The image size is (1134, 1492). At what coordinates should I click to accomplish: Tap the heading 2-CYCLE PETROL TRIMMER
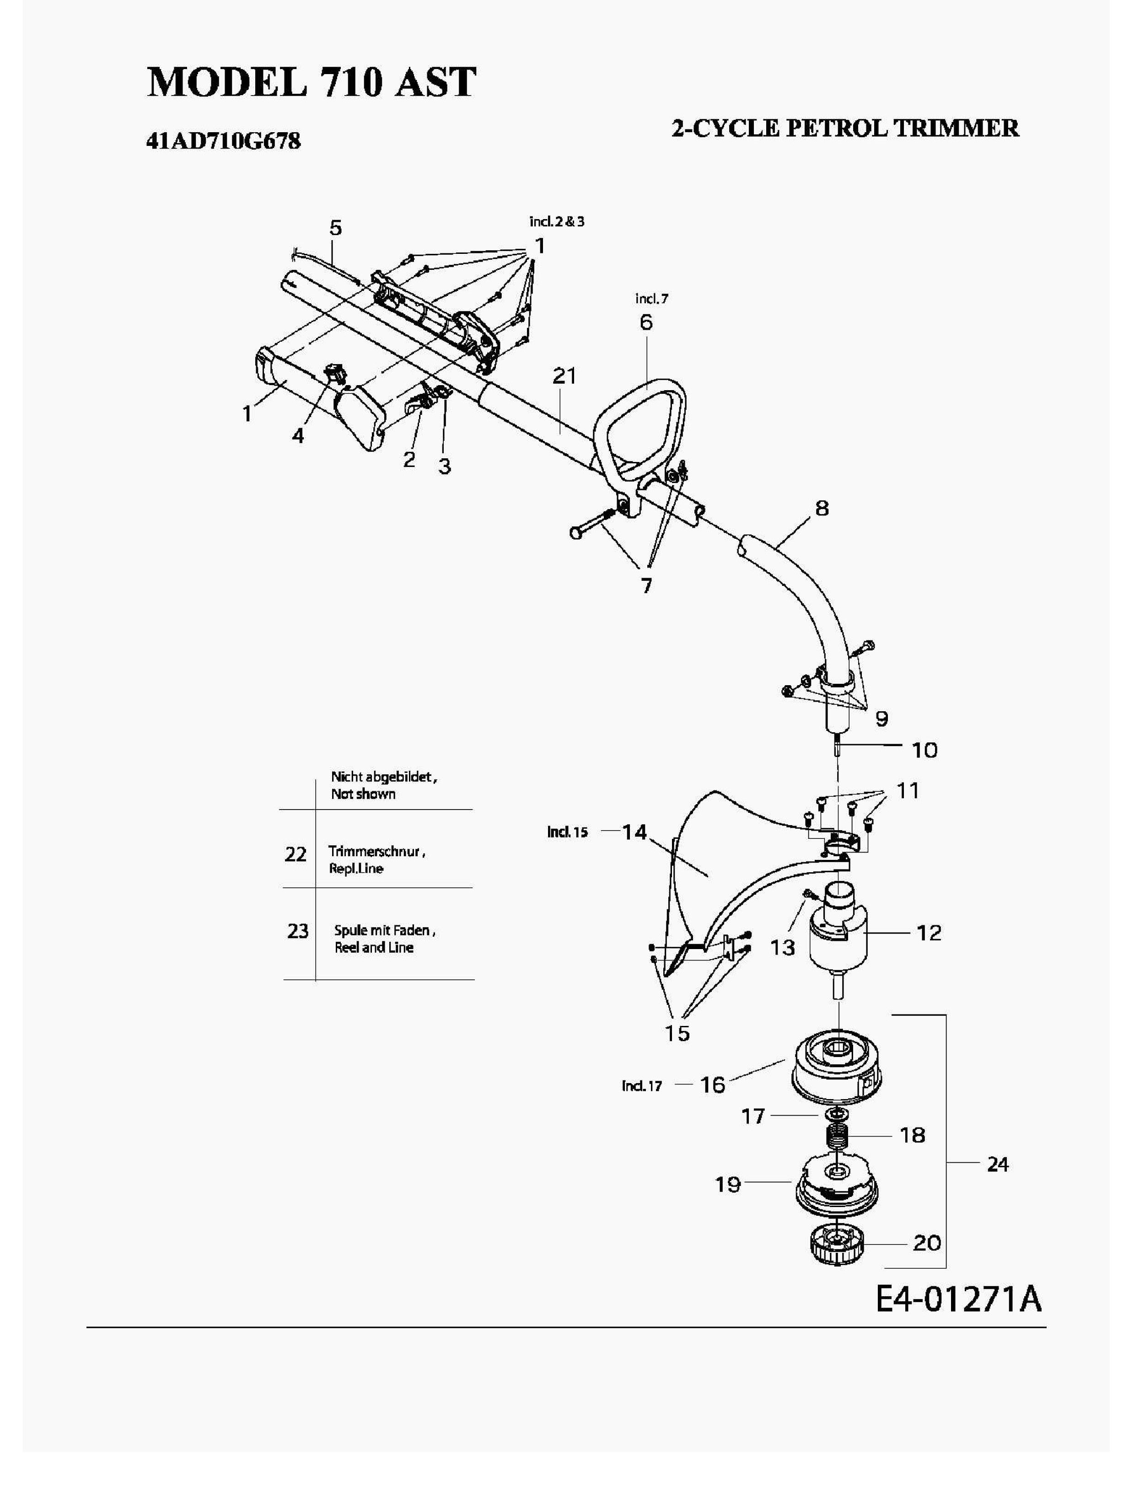coord(845,128)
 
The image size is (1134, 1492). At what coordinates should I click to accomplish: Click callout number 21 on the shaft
coord(564,376)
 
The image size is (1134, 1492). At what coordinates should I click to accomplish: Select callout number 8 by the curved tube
coord(822,508)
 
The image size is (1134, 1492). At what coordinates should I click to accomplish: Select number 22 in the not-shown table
coord(296,854)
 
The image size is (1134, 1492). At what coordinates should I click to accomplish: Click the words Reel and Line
coord(374,947)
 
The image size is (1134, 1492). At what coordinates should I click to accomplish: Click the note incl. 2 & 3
coord(557,221)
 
